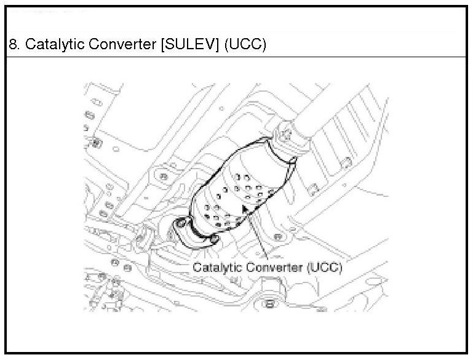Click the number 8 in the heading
13,46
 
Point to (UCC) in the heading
245,46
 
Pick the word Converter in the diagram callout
273,267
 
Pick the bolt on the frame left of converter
162,178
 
